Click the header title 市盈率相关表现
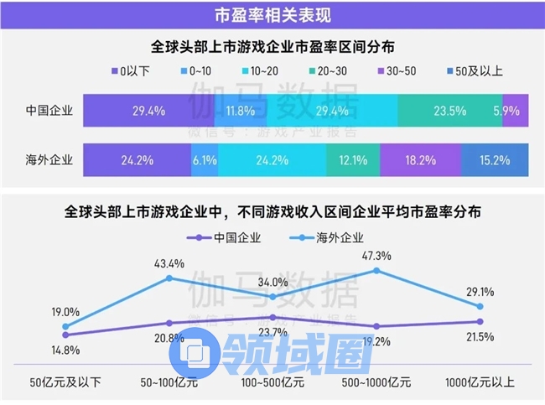pyautogui.click(x=272, y=14)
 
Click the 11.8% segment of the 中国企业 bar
pyautogui.click(x=240, y=111)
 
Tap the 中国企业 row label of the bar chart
pyautogui.click(x=51, y=111)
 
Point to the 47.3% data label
pyautogui.click(x=376, y=254)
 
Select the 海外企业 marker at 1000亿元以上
pyautogui.click(x=480, y=306)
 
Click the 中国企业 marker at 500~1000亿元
pyautogui.click(x=376, y=326)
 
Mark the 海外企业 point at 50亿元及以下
pyautogui.click(x=65, y=327)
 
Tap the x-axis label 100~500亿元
pyautogui.click(x=272, y=382)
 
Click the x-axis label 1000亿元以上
pyautogui.click(x=480, y=382)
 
